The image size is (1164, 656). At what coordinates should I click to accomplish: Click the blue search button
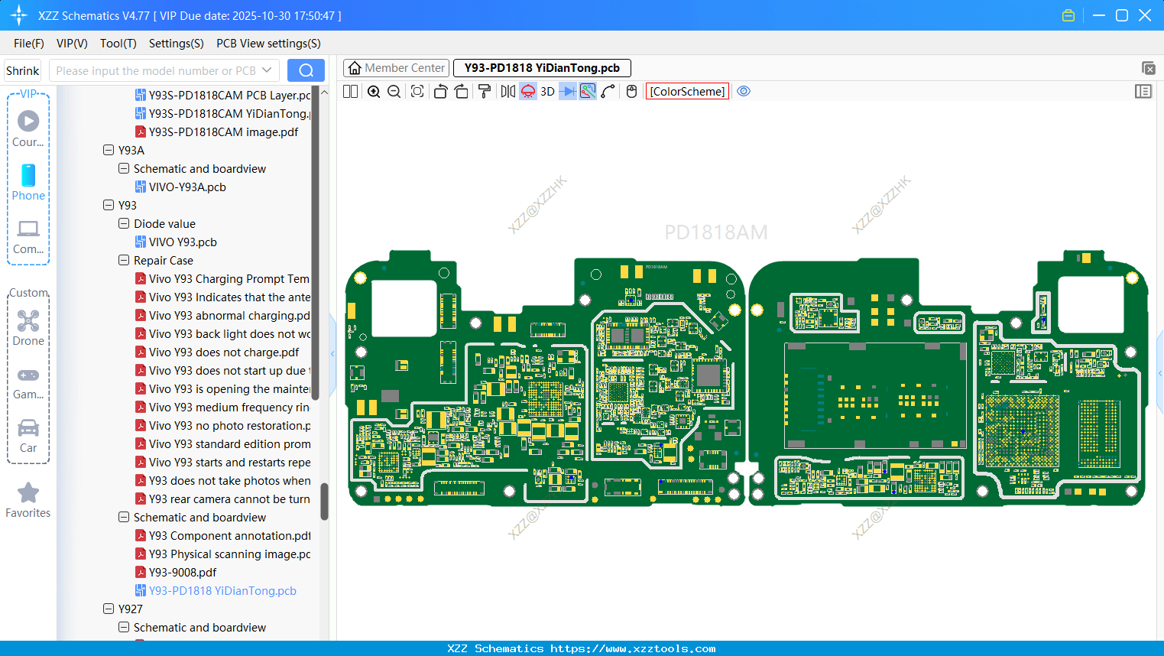click(x=306, y=70)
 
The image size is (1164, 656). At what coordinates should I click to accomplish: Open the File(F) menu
click(x=29, y=44)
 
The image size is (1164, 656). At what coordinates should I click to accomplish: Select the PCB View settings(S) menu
click(x=268, y=44)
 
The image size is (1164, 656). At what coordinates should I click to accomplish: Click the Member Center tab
click(x=397, y=68)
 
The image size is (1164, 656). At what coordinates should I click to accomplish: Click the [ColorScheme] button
click(x=687, y=92)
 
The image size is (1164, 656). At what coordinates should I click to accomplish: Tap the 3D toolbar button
click(x=547, y=92)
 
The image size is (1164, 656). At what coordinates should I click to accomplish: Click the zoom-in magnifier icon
click(x=374, y=92)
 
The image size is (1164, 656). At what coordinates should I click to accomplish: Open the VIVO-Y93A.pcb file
click(x=187, y=187)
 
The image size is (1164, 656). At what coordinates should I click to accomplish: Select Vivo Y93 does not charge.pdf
click(x=224, y=352)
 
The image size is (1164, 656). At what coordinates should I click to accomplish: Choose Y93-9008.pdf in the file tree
click(x=183, y=573)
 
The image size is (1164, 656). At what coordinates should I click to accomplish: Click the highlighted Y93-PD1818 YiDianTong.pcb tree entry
click(x=222, y=591)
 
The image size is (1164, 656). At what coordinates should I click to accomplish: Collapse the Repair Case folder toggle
click(x=124, y=261)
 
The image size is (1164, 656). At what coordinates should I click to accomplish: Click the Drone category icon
click(x=28, y=321)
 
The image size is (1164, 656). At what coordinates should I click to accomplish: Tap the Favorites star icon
click(x=28, y=493)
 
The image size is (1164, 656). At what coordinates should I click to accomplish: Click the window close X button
click(x=1145, y=15)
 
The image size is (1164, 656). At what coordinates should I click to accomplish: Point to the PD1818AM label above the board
click(x=715, y=232)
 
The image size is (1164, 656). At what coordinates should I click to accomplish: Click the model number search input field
click(x=156, y=71)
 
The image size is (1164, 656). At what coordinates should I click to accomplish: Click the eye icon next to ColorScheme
click(x=744, y=92)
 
